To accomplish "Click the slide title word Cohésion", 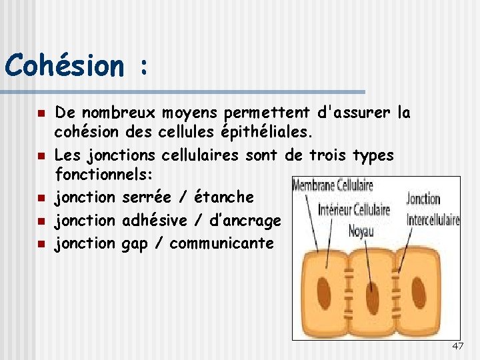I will coord(63,66).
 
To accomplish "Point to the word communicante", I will coord(222,243).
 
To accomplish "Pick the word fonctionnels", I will coord(103,175).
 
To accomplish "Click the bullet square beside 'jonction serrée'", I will coord(41,198).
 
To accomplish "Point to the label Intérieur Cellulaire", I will coord(354,210).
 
